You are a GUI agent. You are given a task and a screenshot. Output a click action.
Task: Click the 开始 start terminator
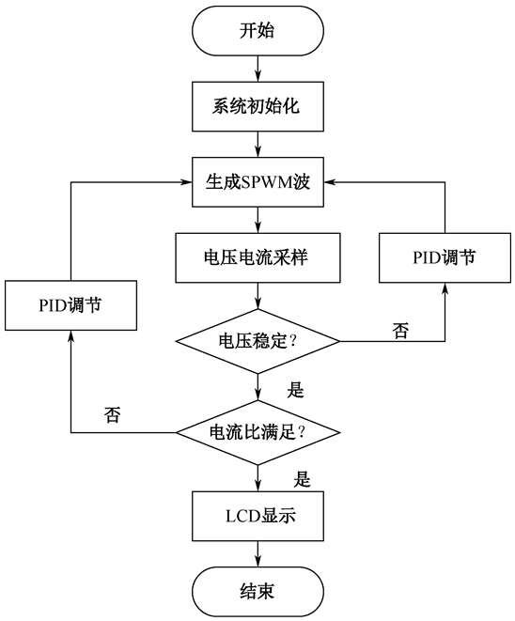click(257, 30)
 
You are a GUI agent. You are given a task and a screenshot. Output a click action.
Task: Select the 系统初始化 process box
click(257, 106)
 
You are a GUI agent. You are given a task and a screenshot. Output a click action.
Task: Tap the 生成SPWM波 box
click(257, 181)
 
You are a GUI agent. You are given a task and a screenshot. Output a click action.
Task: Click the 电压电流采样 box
click(257, 257)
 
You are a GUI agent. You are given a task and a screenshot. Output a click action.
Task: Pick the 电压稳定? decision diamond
click(257, 341)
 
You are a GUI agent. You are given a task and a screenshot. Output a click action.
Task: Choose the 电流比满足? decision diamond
click(257, 432)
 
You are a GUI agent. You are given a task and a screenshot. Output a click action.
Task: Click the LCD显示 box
click(257, 516)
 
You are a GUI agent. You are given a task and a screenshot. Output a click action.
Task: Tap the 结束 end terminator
click(257, 592)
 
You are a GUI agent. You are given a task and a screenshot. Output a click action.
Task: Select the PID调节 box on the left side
click(70, 305)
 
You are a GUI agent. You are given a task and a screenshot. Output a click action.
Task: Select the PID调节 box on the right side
click(445, 257)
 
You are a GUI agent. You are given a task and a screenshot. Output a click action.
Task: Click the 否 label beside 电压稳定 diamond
click(400, 330)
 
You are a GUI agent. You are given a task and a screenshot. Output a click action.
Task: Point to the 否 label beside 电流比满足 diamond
click(112, 414)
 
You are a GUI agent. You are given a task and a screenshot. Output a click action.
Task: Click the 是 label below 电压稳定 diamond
click(295, 390)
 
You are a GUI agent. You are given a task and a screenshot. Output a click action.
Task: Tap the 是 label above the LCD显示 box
click(302, 479)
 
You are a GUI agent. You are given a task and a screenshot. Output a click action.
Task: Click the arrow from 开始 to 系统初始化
click(257, 69)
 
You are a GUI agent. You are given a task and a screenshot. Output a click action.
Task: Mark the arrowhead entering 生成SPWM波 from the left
click(187, 182)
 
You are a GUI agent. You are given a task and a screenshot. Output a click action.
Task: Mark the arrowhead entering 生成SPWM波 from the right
click(330, 182)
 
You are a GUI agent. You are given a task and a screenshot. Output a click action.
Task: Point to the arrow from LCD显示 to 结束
click(257, 553)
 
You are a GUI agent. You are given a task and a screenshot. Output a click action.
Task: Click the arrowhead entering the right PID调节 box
click(445, 288)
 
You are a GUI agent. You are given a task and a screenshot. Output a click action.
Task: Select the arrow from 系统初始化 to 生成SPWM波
click(257, 144)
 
